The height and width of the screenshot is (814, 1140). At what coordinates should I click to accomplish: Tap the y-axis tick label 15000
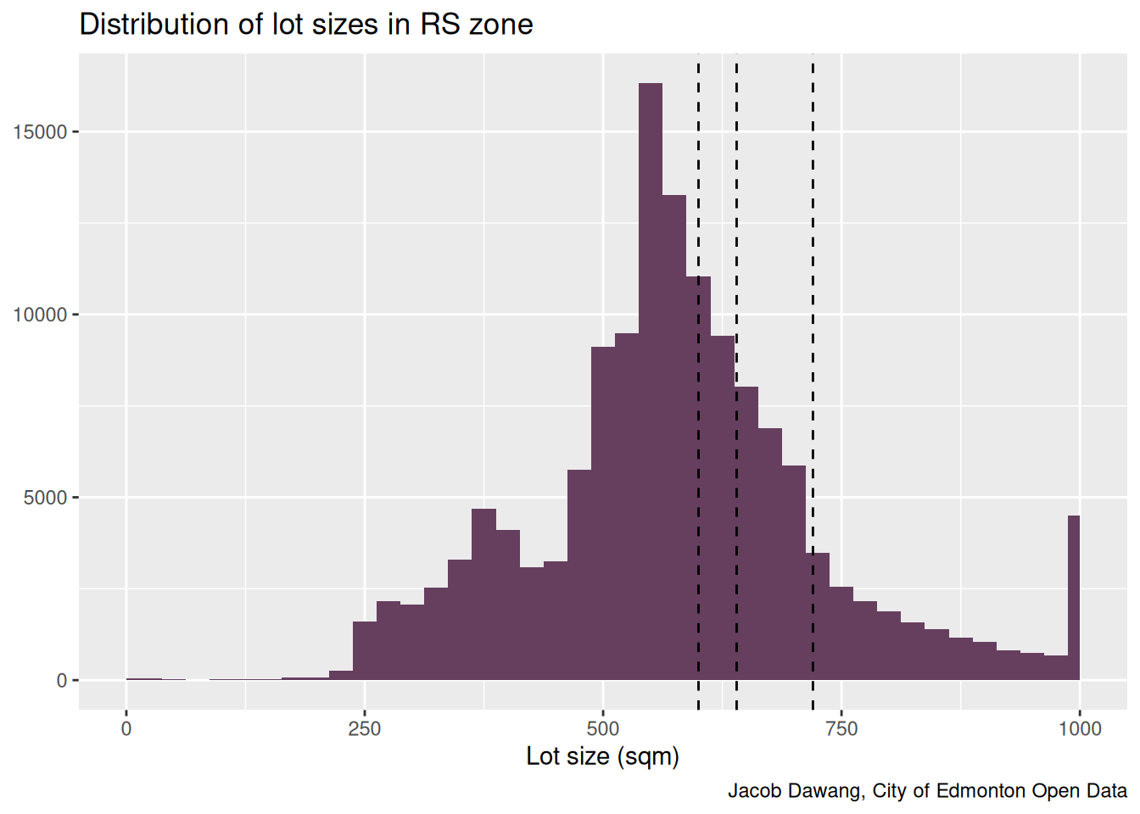tap(40, 132)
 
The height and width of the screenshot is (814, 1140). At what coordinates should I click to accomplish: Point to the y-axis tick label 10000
tap(40, 315)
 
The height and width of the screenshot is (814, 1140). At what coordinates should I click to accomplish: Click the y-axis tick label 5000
tap(45, 498)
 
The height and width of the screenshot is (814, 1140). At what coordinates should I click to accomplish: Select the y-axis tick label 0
tap(62, 681)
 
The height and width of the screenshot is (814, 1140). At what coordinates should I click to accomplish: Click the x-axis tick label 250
tap(365, 729)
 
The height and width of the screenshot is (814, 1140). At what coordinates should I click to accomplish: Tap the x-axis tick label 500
tap(603, 729)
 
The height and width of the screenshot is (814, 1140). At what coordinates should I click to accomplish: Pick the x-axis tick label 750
tap(841, 729)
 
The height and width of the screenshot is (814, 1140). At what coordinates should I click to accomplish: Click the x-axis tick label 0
tap(126, 729)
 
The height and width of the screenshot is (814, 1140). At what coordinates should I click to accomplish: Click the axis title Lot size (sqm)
tap(603, 756)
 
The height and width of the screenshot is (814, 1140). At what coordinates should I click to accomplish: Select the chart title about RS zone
tap(306, 25)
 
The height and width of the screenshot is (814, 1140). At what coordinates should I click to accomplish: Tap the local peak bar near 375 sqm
tap(483, 594)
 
